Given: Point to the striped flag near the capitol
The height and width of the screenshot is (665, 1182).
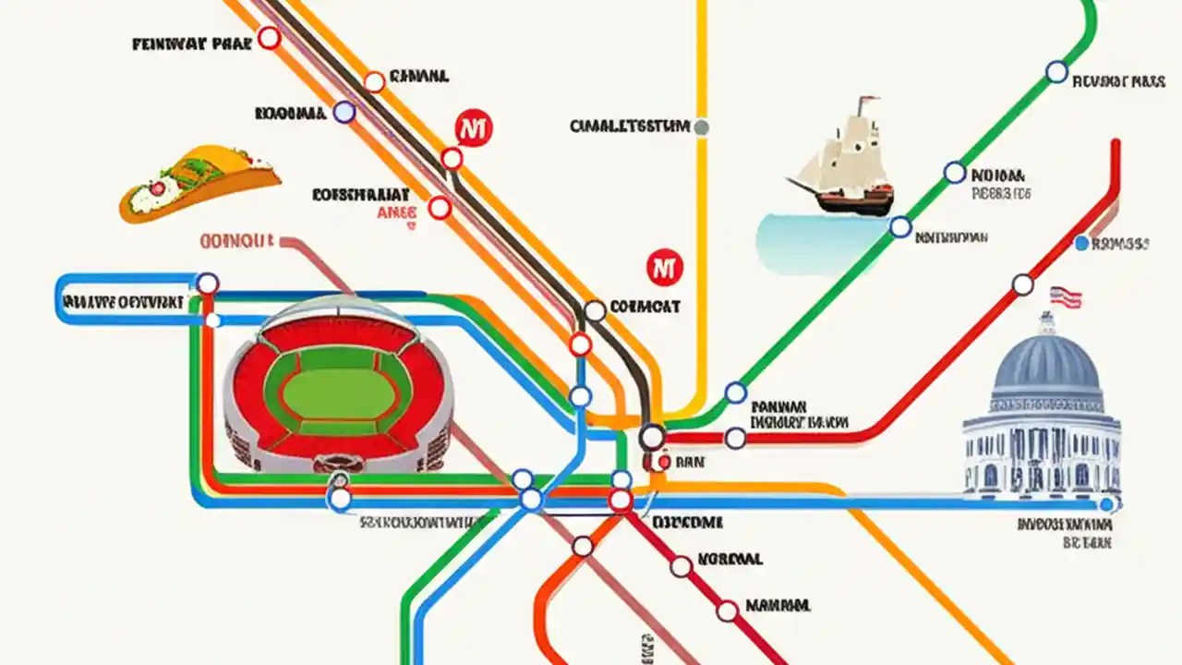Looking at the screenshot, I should [1066, 297].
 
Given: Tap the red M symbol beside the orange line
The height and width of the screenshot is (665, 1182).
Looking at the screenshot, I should [474, 129].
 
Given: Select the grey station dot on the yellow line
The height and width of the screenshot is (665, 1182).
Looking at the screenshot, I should [701, 127].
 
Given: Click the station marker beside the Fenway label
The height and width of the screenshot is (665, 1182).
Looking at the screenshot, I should [269, 38].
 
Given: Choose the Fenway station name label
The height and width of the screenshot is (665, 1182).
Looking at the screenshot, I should [191, 43].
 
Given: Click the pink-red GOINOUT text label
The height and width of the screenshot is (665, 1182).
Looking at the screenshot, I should [236, 242].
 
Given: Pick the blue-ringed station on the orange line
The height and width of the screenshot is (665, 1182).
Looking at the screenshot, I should [344, 113].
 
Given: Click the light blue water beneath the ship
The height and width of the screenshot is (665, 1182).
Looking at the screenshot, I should [813, 242].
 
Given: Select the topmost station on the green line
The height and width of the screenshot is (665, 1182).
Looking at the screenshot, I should [1056, 72].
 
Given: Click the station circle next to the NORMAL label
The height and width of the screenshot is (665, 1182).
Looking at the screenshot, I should [681, 566].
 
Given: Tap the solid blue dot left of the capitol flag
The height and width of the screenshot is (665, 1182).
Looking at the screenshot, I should [1081, 244].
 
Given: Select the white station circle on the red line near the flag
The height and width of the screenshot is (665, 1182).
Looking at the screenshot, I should [1022, 284].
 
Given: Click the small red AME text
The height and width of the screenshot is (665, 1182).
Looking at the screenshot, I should [398, 213].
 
